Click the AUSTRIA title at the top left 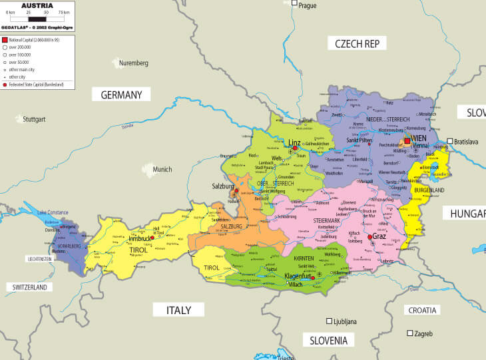click(x=37, y=5)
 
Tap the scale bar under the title click(x=37, y=19)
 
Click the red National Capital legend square click(x=5, y=41)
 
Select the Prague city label click(x=307, y=5)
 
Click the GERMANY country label click(x=121, y=95)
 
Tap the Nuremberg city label click(x=133, y=63)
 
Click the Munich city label click(x=162, y=170)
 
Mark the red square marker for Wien click(x=407, y=141)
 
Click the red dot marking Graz click(x=369, y=236)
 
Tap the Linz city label click(x=294, y=142)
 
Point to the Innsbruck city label click(x=140, y=238)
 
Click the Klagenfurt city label click(x=302, y=275)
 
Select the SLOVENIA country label click(x=328, y=340)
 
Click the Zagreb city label click(x=424, y=333)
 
